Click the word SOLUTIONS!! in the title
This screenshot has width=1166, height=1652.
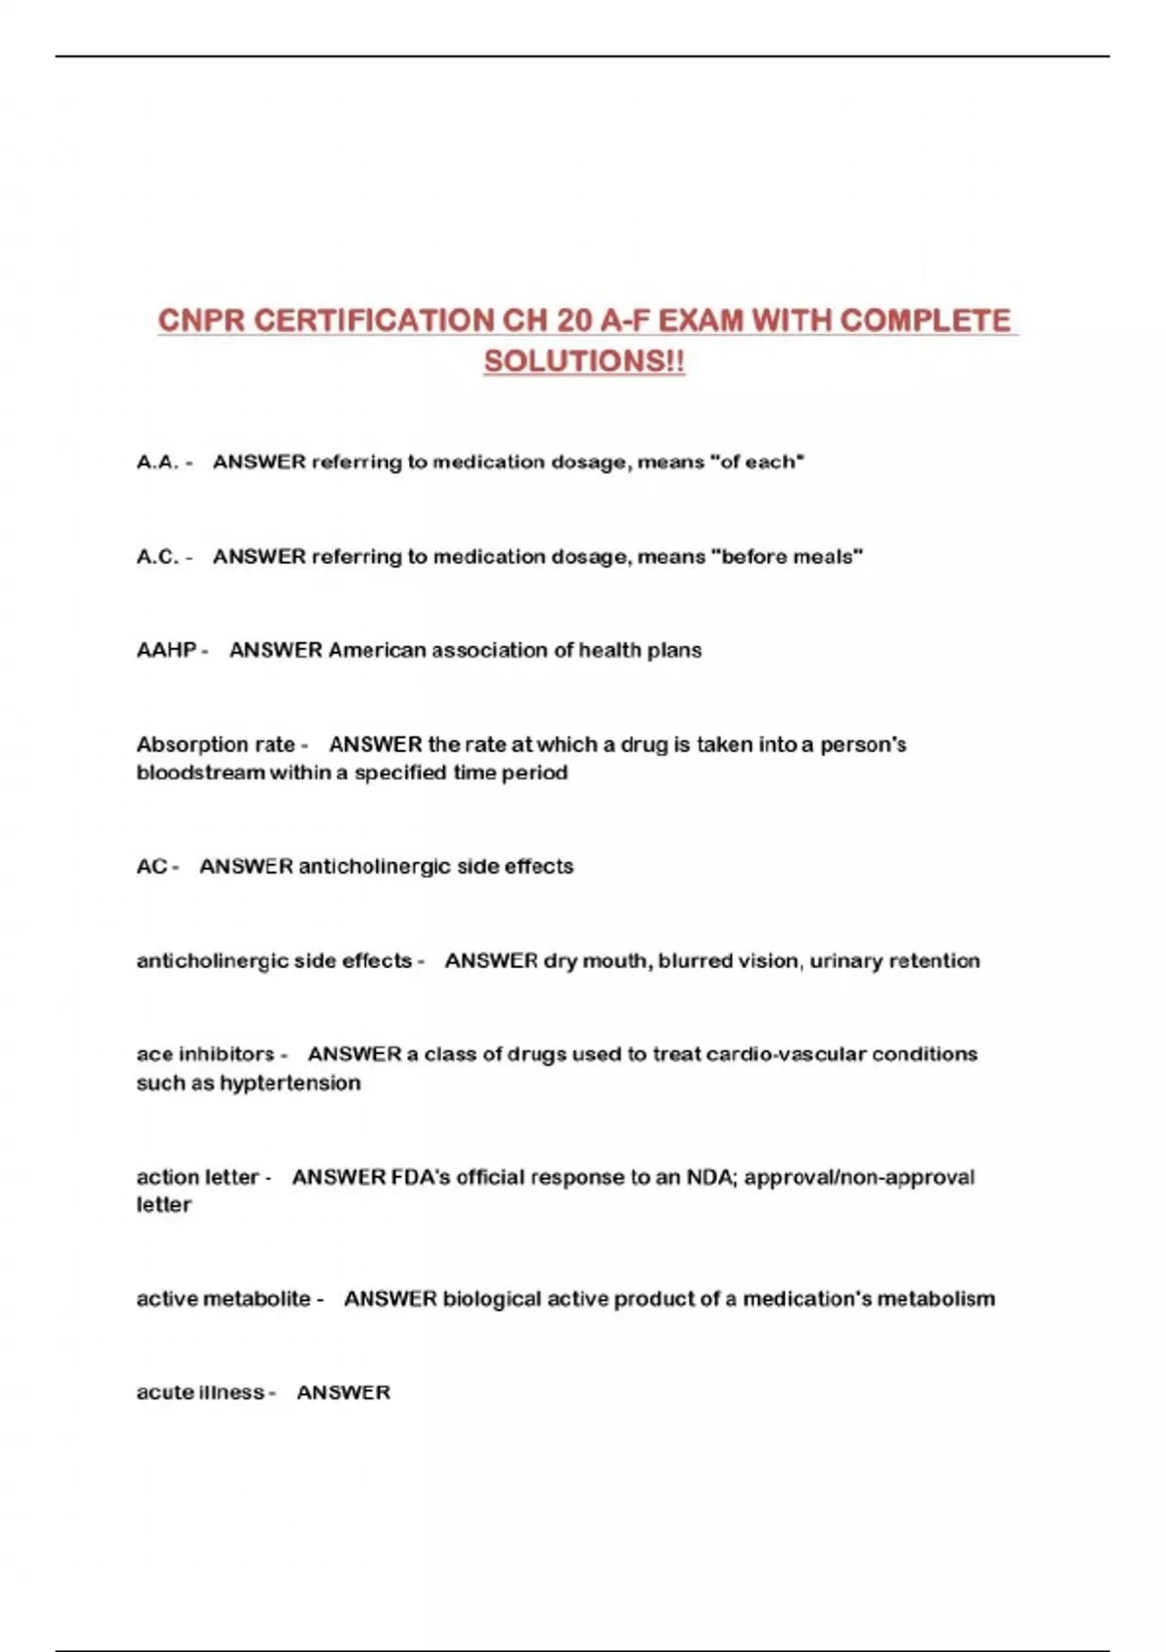coord(584,361)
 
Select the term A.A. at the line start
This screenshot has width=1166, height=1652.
coord(157,463)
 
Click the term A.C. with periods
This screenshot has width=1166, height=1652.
coord(157,557)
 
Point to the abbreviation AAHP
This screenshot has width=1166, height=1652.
coord(166,650)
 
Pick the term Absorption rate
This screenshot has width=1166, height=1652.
coord(215,745)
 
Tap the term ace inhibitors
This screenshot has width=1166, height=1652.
coord(205,1054)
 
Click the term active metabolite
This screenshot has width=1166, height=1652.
coord(223,1299)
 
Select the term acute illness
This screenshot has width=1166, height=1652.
coord(200,1393)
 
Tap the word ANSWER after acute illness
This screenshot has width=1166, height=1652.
coord(343,1393)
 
